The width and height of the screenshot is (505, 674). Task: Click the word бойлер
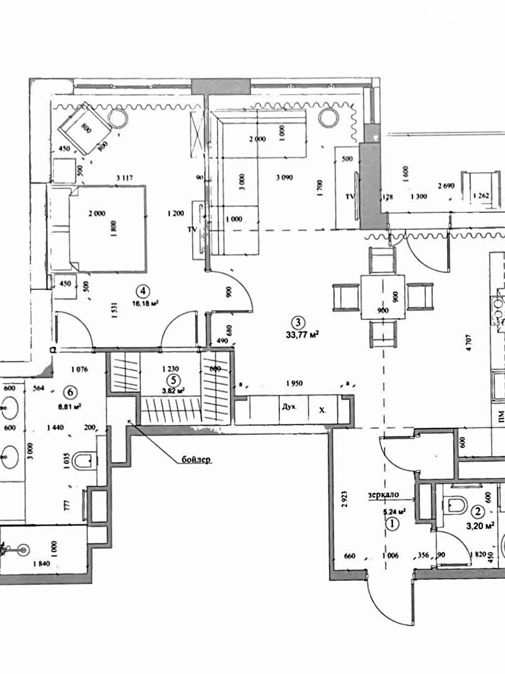[196, 460]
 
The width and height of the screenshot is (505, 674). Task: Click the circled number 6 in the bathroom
[70, 392]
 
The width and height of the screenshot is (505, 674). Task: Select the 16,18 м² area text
[145, 303]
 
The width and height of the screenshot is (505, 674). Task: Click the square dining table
[383, 298]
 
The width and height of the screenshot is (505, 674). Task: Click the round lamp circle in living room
[328, 118]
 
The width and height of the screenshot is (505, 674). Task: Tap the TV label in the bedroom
[192, 230]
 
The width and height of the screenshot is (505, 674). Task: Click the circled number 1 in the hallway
[392, 524]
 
